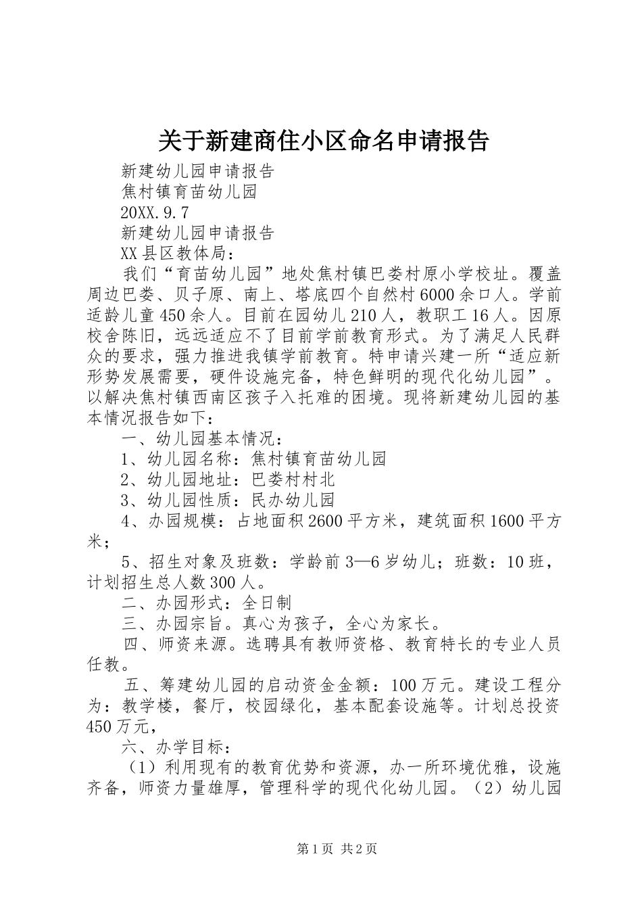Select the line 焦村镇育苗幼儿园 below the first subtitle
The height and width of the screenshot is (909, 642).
tap(189, 192)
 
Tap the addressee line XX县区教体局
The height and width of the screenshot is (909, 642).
tap(177, 254)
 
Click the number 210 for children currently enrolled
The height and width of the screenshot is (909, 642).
tap(366, 315)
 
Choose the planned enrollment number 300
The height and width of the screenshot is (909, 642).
tap(224, 582)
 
